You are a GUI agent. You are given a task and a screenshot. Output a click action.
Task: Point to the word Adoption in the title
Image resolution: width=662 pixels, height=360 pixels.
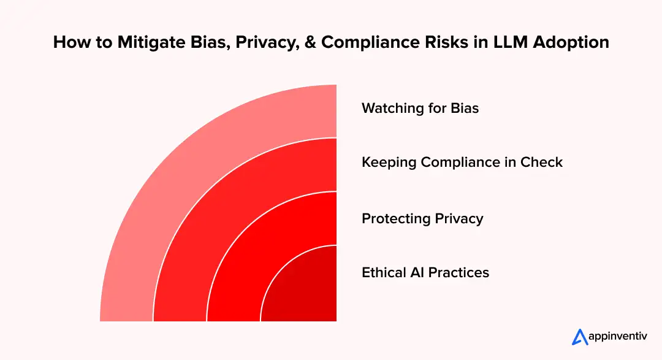pos(576,42)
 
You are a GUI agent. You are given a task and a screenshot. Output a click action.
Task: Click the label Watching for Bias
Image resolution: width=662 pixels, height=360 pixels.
pos(420,109)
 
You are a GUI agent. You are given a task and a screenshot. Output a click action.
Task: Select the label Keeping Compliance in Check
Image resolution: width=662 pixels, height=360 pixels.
pos(462,163)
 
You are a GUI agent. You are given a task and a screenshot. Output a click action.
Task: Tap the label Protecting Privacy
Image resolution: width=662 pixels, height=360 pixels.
pos(422,218)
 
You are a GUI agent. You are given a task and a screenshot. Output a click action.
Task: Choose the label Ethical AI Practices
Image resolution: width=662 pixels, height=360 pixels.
pos(425,272)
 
